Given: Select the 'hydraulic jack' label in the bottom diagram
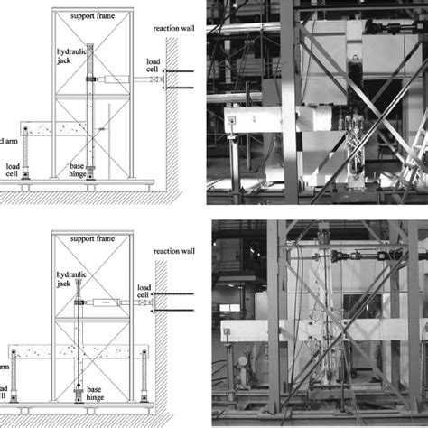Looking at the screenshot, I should pyautogui.click(x=65, y=288).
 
